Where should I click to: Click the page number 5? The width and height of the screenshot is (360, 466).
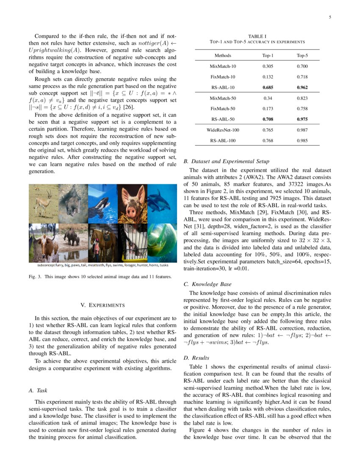[x=329, y=17]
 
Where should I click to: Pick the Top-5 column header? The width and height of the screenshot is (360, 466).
[x=302, y=55]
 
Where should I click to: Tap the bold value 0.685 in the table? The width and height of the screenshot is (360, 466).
[x=268, y=88]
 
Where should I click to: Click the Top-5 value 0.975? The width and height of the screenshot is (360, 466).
[x=302, y=119]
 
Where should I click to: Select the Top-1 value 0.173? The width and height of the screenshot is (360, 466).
[x=268, y=109]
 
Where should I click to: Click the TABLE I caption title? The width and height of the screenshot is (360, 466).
[x=257, y=36]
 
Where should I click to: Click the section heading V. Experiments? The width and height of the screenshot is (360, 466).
[x=102, y=305]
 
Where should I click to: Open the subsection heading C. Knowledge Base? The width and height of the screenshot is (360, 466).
[x=208, y=284]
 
